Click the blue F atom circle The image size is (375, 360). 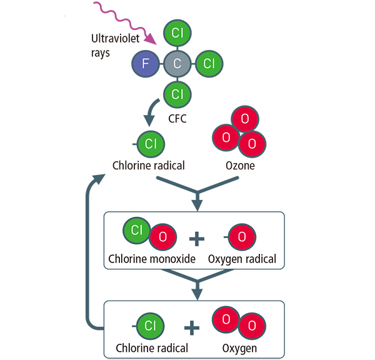146,63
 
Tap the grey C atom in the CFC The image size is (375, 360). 177,63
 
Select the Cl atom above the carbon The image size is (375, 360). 177,32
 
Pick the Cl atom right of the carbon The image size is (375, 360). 209,63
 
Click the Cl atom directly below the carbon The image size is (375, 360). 177,94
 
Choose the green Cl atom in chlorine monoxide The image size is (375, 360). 137,230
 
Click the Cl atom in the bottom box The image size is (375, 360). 150,326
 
